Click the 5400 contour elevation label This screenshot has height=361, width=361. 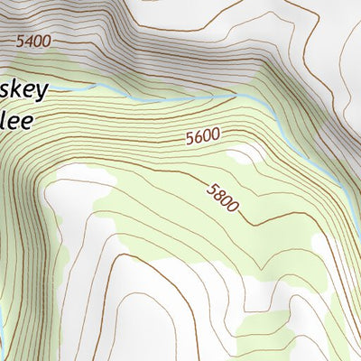33,41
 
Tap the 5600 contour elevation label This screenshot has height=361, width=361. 202,137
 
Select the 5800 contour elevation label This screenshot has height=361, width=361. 222,197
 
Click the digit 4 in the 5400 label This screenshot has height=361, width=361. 28,41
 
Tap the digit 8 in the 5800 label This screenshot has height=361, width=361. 218,193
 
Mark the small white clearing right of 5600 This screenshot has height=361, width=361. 242,155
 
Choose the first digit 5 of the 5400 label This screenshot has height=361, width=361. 20,41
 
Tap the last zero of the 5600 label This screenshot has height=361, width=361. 215,135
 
